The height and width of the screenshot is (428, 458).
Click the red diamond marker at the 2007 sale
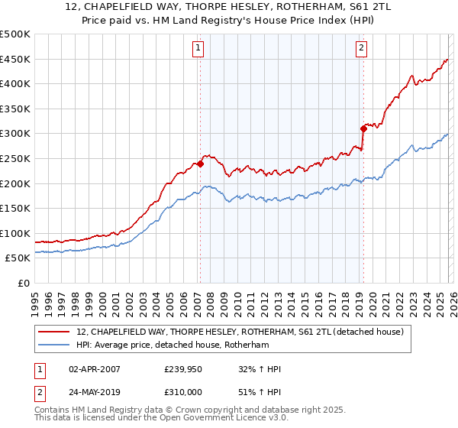(x=200, y=164)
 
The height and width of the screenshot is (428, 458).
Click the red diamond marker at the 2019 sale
(x=363, y=128)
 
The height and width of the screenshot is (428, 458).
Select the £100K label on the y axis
(x=15, y=233)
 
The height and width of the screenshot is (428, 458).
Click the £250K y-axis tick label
(x=15, y=158)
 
